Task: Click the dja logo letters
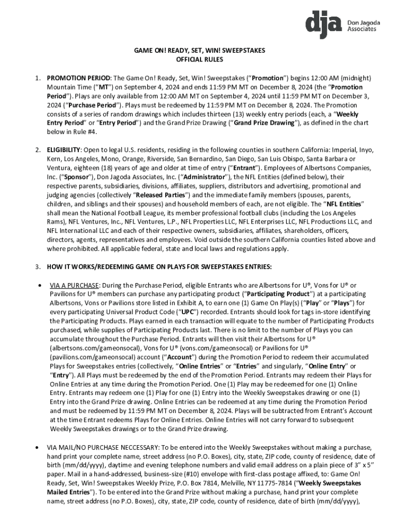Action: pyautogui.click(x=322, y=23)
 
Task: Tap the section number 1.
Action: pyautogui.click(x=38, y=78)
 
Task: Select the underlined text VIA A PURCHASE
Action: pyautogui.click(x=74, y=285)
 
